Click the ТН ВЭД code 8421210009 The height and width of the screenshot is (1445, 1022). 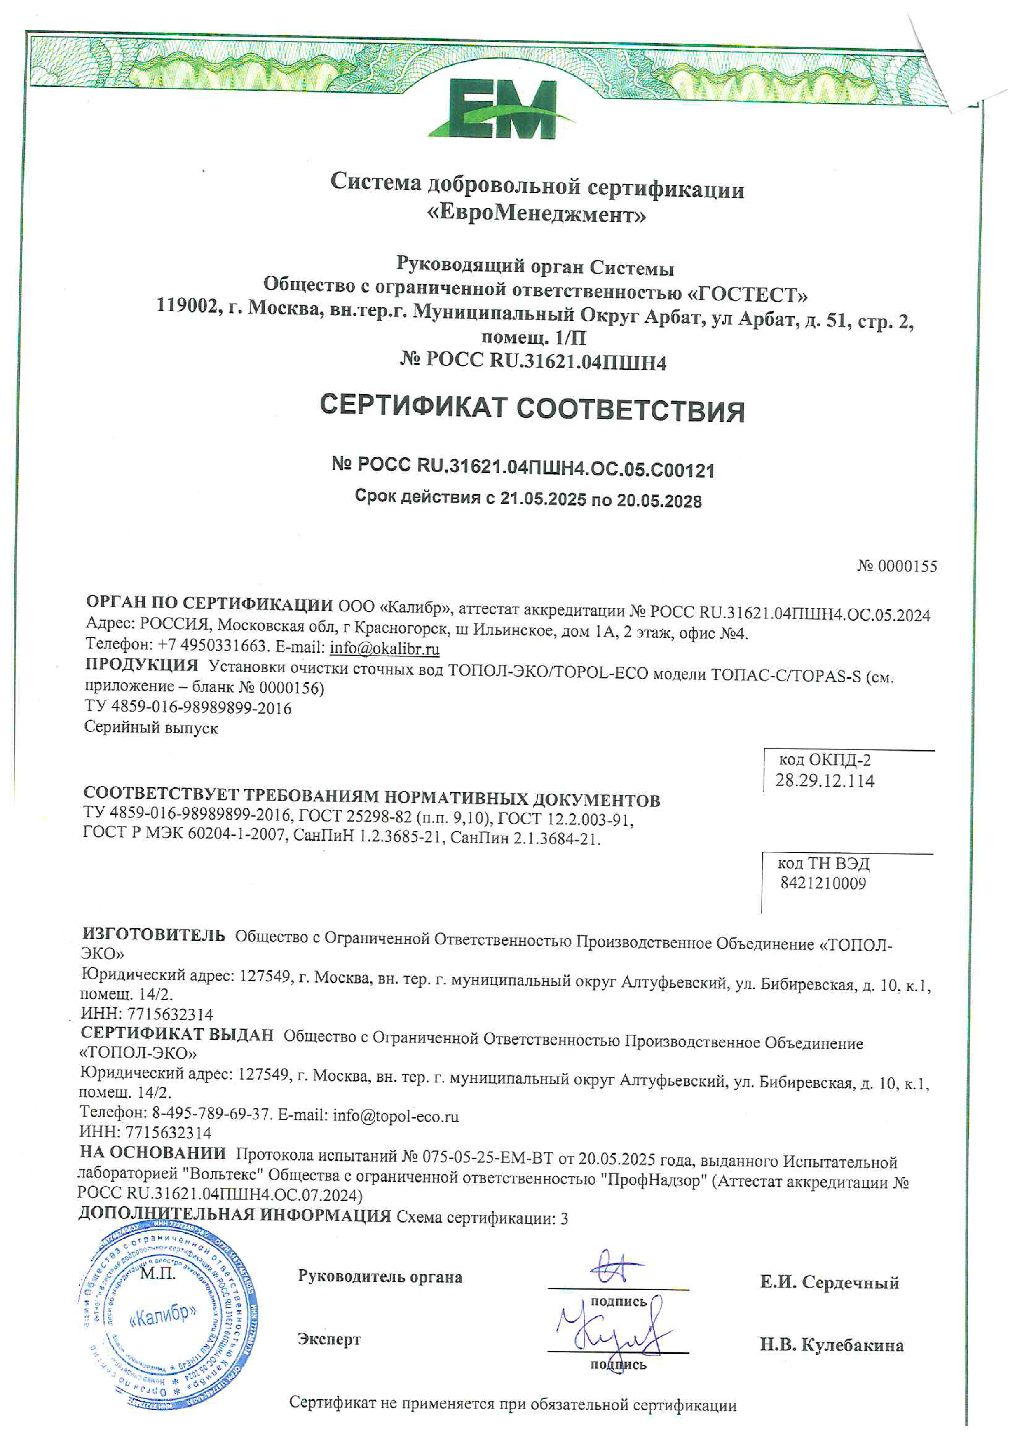[x=823, y=883]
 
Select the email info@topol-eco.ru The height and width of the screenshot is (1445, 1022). [x=396, y=1115]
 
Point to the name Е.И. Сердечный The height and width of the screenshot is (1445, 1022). [x=830, y=1282]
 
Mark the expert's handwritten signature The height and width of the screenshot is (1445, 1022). [x=614, y=1333]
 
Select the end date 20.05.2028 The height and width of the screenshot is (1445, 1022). [x=659, y=501]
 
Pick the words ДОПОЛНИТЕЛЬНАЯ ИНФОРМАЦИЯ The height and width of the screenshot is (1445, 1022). [x=234, y=1215]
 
